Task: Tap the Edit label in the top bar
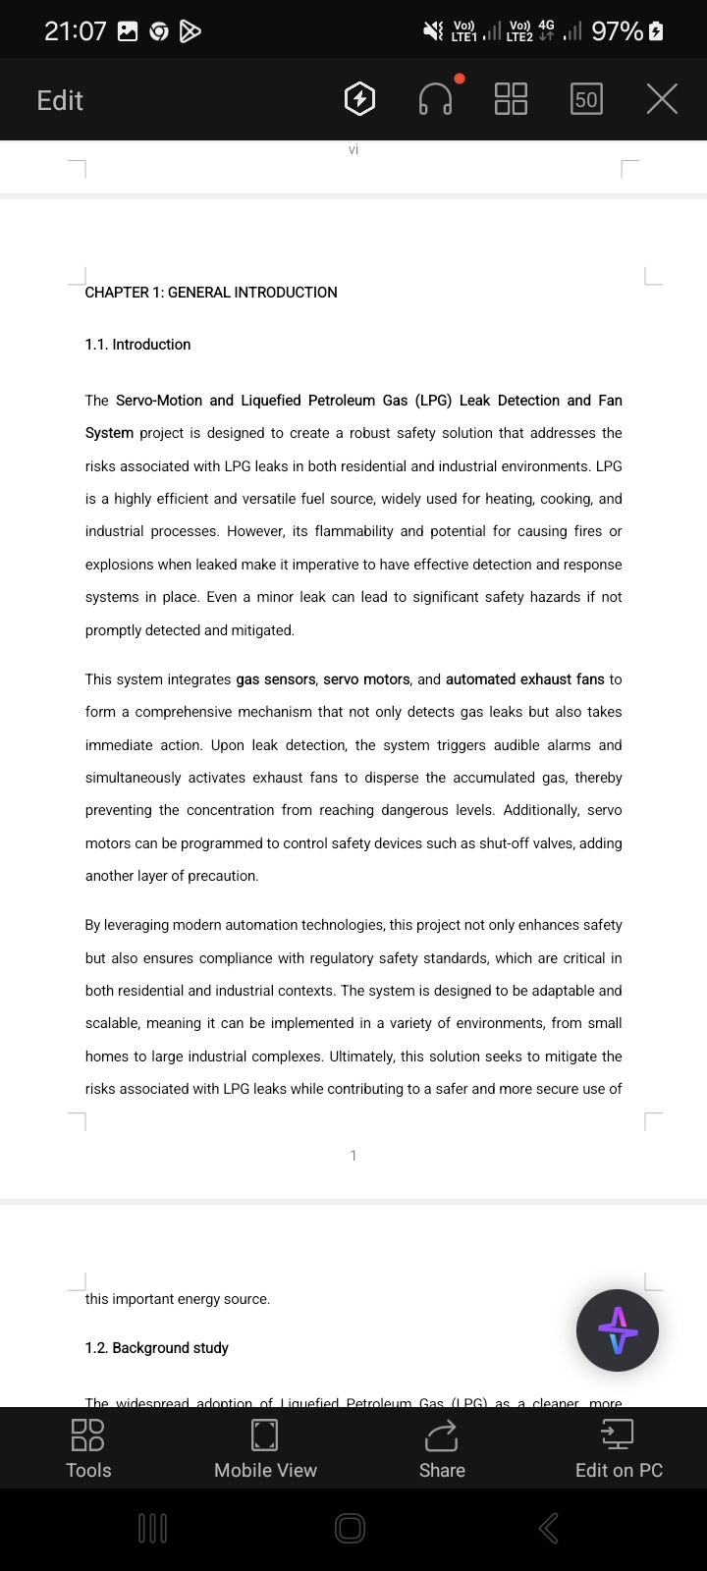60,100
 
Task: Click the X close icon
662,99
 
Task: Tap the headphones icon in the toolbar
436,99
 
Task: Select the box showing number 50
586,99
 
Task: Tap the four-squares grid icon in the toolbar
511,99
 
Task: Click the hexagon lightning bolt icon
360,99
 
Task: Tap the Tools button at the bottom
88,1448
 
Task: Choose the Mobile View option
265,1448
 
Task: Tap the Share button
442,1448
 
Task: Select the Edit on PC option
619,1448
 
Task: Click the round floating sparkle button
618,1330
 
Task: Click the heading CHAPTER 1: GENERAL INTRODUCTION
211,293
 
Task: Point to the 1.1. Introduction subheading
137,345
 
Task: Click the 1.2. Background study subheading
157,1348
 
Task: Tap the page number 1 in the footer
353,1156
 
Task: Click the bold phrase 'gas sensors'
276,679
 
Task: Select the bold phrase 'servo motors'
366,679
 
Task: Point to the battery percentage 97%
618,31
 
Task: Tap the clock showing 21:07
75,31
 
